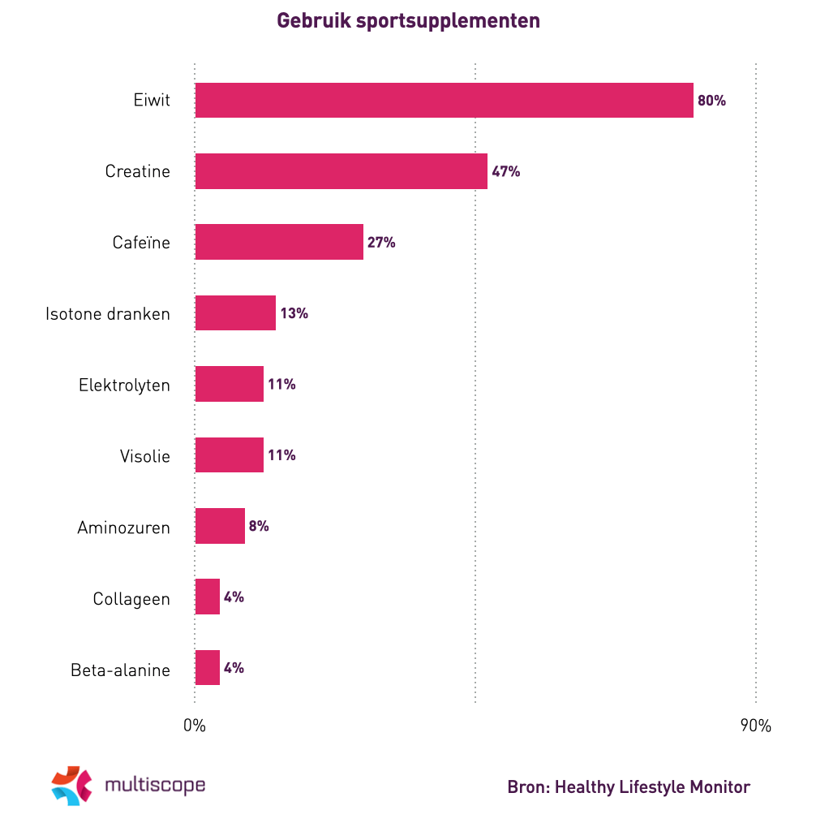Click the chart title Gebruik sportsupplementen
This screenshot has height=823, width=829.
click(409, 21)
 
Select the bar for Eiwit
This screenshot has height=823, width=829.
click(444, 101)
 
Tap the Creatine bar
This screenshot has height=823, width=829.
click(341, 171)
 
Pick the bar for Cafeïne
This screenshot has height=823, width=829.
click(279, 242)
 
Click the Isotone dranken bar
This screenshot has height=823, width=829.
click(235, 313)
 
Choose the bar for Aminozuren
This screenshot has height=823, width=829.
click(220, 526)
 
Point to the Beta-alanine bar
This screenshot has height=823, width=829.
click(208, 668)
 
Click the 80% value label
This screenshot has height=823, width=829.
click(711, 101)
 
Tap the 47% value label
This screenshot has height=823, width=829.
click(505, 172)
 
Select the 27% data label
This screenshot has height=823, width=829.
click(381, 243)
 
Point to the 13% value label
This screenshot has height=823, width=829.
click(294, 313)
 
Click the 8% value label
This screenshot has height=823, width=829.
click(259, 526)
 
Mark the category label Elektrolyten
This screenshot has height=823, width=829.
click(124, 385)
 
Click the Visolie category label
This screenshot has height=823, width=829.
click(145, 456)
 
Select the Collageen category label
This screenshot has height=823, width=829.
click(131, 599)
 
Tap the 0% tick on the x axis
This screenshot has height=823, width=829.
click(195, 726)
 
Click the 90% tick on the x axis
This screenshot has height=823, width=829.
click(755, 726)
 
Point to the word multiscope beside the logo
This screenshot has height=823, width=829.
click(155, 785)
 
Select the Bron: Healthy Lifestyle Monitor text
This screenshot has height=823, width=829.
click(629, 786)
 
